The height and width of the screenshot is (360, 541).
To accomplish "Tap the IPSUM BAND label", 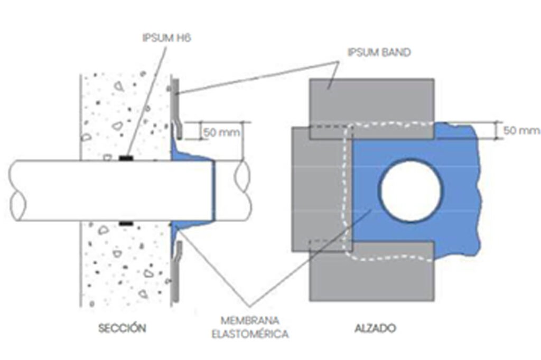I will pos(379,52).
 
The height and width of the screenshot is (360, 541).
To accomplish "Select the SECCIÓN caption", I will pos(122,328).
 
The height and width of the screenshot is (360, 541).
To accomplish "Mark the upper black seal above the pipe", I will pos(126,157).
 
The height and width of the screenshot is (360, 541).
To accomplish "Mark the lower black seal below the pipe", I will pos(126,224).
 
